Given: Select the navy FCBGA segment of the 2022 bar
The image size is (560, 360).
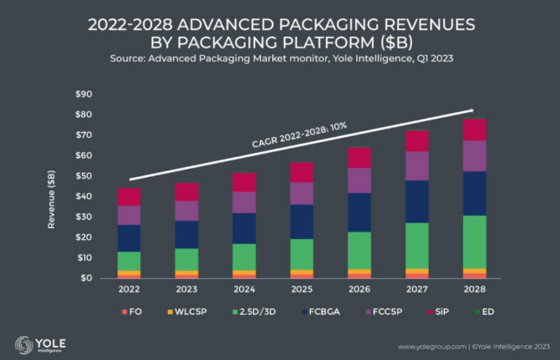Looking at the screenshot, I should [x=129, y=237].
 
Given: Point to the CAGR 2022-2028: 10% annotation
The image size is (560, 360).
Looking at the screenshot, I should [x=299, y=137].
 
